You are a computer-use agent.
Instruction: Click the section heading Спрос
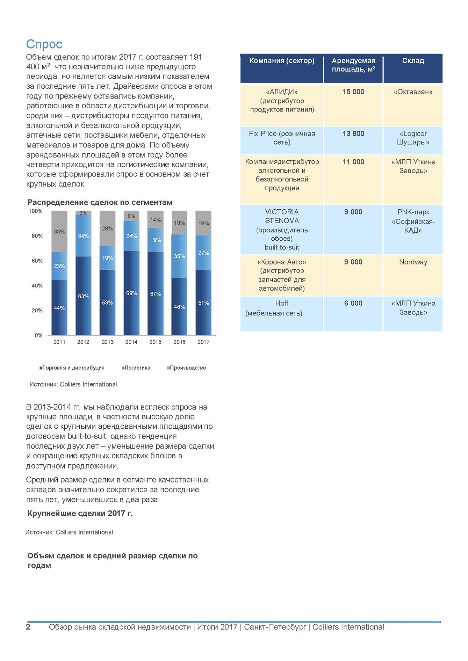coord(44,44)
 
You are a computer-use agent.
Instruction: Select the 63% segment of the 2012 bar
coord(84,296)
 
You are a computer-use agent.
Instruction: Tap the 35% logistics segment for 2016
coord(179,256)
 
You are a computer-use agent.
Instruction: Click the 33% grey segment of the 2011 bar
coord(59,231)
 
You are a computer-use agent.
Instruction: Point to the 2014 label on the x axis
coord(131,342)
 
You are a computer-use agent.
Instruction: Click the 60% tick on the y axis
coord(37,261)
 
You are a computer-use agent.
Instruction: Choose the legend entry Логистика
coord(137,368)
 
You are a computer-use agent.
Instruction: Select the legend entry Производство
coord(188,368)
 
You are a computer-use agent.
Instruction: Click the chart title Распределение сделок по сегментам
coord(100,202)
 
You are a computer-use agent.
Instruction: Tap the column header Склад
coord(413,61)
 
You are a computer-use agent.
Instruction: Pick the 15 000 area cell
coord(353,92)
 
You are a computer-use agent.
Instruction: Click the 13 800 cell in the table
coord(353,133)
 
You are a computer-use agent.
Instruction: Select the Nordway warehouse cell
coord(413,262)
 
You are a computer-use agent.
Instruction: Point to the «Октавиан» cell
coord(413,92)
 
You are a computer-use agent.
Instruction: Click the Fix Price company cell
coord(282,138)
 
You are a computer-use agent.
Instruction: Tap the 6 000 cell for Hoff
coord(353,303)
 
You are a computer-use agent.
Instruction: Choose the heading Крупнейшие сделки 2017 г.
coord(80,513)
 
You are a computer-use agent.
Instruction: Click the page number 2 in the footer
coord(28,627)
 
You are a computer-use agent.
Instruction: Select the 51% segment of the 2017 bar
coord(203,303)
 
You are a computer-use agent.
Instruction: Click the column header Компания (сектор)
coord(282,61)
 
